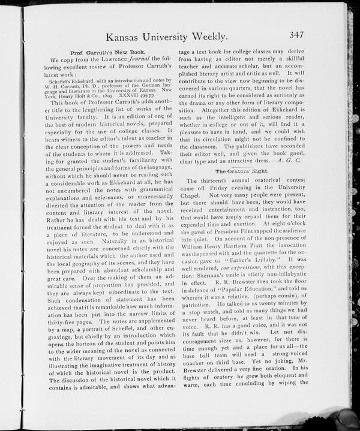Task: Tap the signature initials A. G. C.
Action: [286, 161]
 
